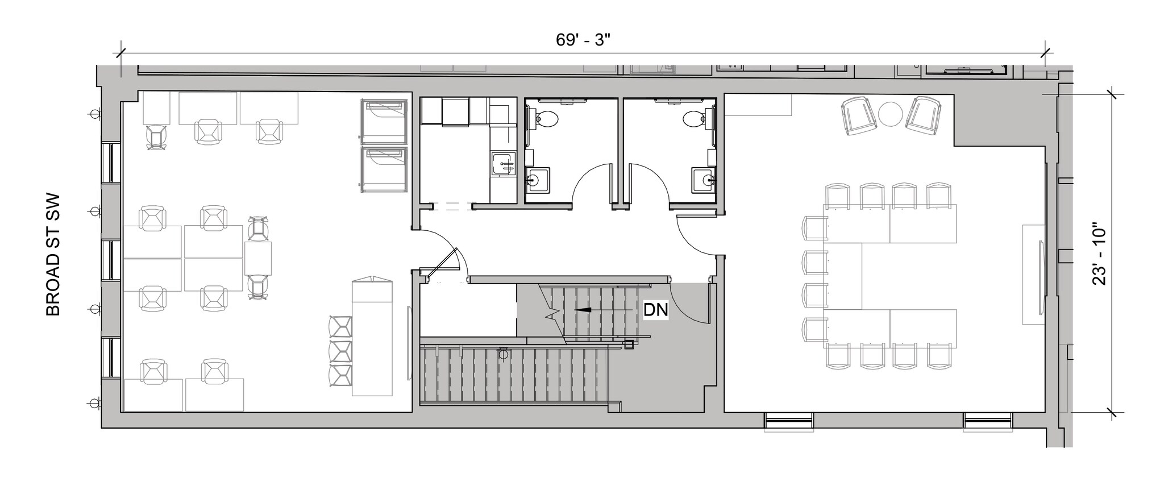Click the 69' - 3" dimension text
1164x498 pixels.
pos(583,40)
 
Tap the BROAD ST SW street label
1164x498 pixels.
pos(53,256)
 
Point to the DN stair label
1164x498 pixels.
pos(655,310)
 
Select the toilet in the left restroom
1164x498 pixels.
pos(545,118)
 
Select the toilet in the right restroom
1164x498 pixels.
pos(696,118)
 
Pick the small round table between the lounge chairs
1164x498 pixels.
pos(891,114)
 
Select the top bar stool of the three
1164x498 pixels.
pos(340,327)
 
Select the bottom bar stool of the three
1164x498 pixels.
pos(340,375)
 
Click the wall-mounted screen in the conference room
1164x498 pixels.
pos(1042,275)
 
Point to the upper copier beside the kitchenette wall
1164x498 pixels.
pos(384,122)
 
